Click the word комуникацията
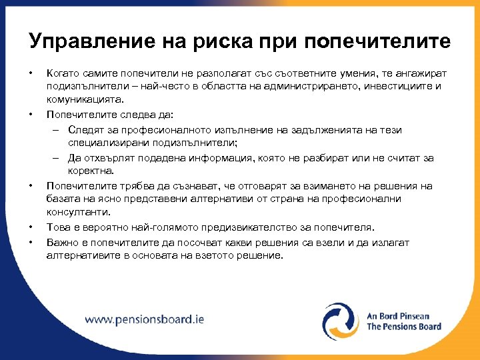pyautogui.click(x=85, y=99)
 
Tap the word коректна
pyautogui.click(x=88, y=171)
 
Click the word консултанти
pyautogui.click(x=73, y=213)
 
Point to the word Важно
pyautogui.click(x=61, y=243)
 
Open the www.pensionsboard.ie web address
pyautogui.click(x=144, y=319)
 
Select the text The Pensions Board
pyautogui.click(x=404, y=327)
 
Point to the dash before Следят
pyautogui.click(x=57, y=129)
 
